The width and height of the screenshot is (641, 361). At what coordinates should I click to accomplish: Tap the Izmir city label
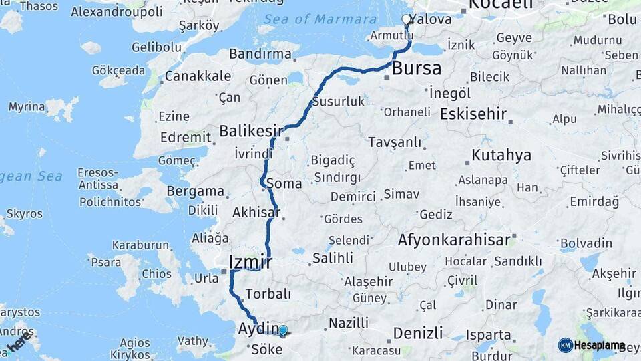click(250, 261)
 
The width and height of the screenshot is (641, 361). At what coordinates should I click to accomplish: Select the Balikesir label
click(252, 130)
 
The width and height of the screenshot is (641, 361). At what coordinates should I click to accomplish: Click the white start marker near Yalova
click(407, 20)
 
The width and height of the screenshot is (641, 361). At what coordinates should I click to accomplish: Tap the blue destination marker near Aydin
click(283, 330)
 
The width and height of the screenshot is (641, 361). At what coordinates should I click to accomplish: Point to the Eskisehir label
click(473, 114)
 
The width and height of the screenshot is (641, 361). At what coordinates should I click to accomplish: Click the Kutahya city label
click(501, 155)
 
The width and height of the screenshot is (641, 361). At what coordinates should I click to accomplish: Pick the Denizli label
click(418, 332)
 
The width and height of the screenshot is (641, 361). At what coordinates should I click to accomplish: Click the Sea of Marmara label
click(320, 19)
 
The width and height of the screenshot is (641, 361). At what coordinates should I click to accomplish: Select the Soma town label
click(284, 183)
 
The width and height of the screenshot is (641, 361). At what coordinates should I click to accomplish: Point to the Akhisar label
click(256, 213)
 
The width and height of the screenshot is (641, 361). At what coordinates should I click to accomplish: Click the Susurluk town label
click(338, 102)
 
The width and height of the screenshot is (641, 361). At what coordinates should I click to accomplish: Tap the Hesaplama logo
click(592, 345)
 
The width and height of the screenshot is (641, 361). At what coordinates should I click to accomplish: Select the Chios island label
click(157, 274)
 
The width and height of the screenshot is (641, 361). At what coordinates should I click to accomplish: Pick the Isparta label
click(489, 334)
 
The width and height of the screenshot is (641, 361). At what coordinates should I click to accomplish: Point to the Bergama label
click(196, 191)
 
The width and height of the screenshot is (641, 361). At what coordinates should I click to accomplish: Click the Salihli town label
click(333, 258)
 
